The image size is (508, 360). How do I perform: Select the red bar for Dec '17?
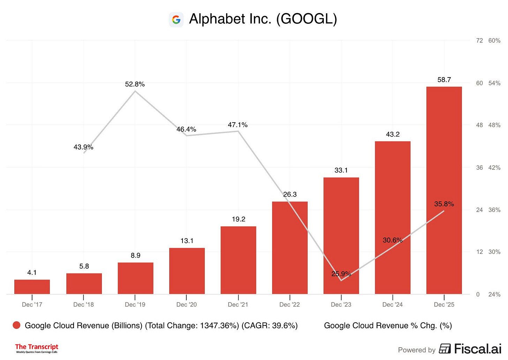[32, 287]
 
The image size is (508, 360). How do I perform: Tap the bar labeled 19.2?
[238, 260]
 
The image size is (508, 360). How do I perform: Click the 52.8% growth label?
[135, 84]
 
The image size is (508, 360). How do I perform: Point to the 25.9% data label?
[341, 274]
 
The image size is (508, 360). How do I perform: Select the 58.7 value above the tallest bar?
[444, 80]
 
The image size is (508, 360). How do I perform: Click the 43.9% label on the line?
[83, 147]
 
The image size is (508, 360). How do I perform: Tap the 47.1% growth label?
[238, 125]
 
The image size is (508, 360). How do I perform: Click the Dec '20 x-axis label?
[186, 304]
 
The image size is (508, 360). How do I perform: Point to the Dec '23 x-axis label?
[341, 304]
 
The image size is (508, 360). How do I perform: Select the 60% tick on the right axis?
[494, 41]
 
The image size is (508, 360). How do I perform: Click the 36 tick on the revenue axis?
[479, 168]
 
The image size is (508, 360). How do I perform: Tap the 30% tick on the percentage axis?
[494, 252]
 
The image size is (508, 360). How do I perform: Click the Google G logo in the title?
[176, 20]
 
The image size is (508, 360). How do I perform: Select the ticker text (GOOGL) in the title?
[306, 19]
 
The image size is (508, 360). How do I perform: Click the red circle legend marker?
[16, 325]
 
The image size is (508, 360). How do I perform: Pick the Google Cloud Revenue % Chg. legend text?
[388, 325]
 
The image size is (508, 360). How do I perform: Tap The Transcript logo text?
[37, 347]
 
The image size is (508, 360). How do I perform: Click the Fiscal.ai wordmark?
[477, 348]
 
